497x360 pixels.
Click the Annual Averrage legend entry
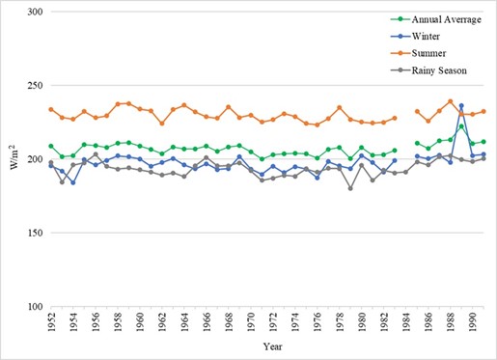coord(436,19)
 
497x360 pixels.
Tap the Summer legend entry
coord(418,53)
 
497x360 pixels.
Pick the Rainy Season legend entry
coord(428,70)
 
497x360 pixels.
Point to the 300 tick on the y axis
coord(36,12)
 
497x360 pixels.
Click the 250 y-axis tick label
coord(36,86)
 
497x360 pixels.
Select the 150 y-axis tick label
coord(36,233)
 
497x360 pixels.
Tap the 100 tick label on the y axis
coord(36,307)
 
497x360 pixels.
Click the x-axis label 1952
coord(51,319)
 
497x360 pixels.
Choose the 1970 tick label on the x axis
coord(251,319)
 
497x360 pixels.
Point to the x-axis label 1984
coord(406,319)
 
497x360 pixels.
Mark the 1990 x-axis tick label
coord(473,319)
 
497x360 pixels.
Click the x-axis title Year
coord(273,346)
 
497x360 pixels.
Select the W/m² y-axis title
coord(14,157)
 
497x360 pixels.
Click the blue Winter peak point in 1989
coord(461,105)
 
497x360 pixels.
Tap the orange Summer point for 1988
coord(451,101)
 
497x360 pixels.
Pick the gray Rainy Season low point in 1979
coord(350,188)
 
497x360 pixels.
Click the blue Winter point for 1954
coord(73,182)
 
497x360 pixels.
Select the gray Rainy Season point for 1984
coord(406,172)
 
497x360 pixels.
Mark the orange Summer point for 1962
coord(162,124)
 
